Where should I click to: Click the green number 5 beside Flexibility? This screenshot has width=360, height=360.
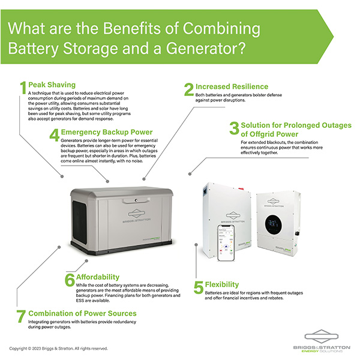tap(198, 287)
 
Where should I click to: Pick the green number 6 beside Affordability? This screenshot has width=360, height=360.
tap(70, 280)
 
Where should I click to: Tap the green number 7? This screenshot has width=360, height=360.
tap(22, 316)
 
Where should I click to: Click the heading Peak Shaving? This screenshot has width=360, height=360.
tap(52, 85)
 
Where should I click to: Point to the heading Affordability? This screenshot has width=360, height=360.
tap(104, 277)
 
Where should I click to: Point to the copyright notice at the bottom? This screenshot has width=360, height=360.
tap(58, 348)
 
